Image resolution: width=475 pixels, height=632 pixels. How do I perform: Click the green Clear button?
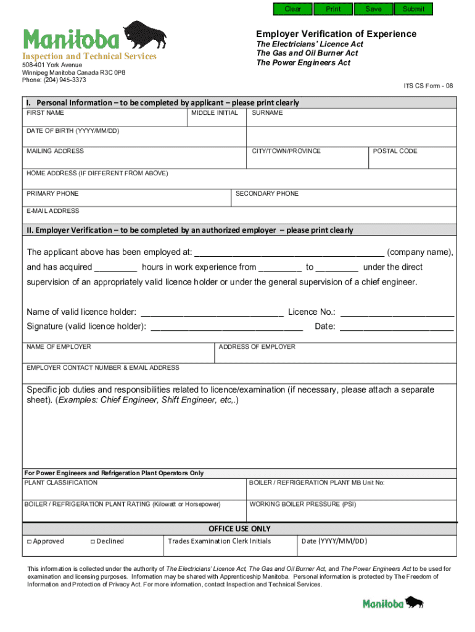[292, 9]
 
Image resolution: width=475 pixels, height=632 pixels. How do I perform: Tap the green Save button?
[373, 9]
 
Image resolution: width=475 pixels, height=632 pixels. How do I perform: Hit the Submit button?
[413, 9]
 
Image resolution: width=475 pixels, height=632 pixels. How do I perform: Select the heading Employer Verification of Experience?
[336, 34]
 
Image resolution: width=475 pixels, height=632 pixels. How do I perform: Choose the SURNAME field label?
[267, 113]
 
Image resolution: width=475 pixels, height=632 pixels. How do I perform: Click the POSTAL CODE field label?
[395, 151]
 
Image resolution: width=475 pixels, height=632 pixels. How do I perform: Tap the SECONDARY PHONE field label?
[266, 194]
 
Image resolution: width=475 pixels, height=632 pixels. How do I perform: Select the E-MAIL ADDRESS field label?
[52, 211]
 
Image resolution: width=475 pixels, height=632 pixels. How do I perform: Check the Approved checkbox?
[29, 542]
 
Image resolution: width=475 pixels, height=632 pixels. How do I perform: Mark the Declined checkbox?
[93, 542]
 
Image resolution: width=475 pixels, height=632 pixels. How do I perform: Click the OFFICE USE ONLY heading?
[239, 529]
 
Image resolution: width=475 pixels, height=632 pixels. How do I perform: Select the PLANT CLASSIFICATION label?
[60, 483]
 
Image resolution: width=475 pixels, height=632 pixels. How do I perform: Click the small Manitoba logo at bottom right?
[393, 603]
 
